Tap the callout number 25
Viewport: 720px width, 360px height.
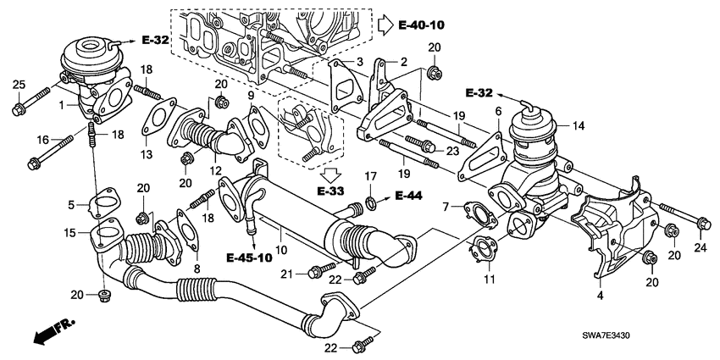point(19,83)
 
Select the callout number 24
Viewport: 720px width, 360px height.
point(699,248)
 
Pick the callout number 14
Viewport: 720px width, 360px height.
point(579,125)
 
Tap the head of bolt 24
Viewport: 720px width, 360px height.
point(702,224)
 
